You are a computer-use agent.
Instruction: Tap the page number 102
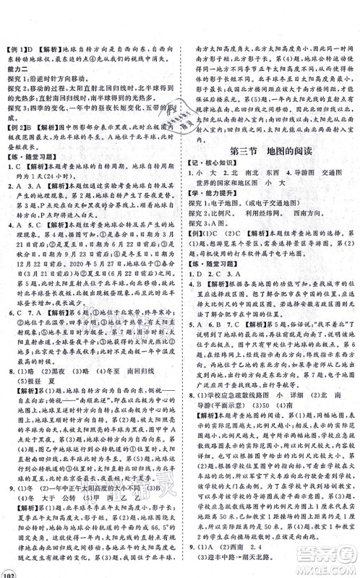11,569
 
